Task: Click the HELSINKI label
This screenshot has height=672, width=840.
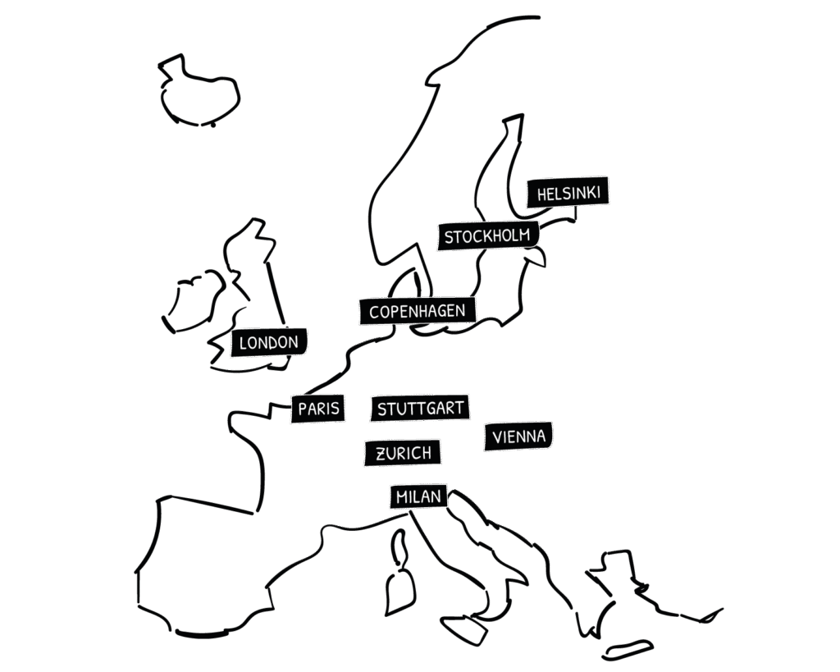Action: tap(568, 194)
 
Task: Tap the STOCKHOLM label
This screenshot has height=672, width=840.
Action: tap(487, 236)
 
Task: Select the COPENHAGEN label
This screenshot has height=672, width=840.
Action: tap(418, 311)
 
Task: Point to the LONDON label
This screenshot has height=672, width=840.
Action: tap(269, 342)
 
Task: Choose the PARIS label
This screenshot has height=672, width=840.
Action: tap(318, 409)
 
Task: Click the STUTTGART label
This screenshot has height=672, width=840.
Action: tap(420, 408)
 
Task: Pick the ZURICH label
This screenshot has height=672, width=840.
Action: tap(403, 453)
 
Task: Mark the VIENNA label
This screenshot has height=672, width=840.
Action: tap(519, 437)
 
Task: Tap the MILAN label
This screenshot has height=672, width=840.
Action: tap(418, 496)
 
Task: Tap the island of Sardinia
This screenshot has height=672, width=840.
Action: tap(401, 590)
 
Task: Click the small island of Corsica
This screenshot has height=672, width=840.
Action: tap(401, 546)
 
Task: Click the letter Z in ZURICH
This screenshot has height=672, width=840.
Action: tap(381, 454)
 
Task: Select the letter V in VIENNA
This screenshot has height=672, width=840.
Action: tap(498, 437)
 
